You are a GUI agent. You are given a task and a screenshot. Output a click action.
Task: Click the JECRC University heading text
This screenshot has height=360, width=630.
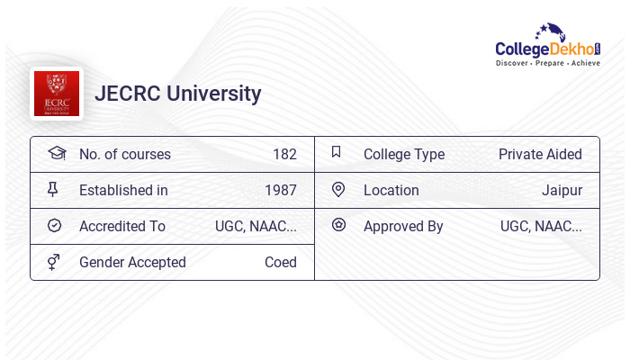[x=178, y=94]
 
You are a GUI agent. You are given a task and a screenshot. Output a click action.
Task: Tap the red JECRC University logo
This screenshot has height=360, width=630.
[x=56, y=94]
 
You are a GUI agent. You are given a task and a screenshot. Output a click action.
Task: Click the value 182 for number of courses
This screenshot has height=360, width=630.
[x=284, y=154]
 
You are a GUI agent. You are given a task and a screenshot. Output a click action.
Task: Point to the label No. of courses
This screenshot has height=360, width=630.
[x=124, y=154]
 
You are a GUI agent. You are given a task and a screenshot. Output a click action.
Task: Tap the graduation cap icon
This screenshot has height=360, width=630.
[x=56, y=153]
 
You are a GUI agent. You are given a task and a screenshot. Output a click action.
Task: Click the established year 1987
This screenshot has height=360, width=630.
[x=280, y=190]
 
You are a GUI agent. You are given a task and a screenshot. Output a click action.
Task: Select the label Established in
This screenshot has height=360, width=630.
[x=123, y=190]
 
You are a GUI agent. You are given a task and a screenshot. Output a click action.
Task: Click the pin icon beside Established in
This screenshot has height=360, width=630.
[x=53, y=189]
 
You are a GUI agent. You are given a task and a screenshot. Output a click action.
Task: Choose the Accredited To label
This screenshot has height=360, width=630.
[x=122, y=226]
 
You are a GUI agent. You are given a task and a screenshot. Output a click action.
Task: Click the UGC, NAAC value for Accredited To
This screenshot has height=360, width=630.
[x=256, y=226]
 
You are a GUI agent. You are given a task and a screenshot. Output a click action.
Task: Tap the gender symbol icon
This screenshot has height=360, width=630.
[x=53, y=262]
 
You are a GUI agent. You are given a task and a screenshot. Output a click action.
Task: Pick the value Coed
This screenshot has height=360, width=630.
[x=280, y=262]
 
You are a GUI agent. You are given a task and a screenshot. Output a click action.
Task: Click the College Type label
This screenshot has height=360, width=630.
[x=404, y=154]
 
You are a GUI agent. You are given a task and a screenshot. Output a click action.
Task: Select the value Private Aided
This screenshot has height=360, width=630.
[x=540, y=154]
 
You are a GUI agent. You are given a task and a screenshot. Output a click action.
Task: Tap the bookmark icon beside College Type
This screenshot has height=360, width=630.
[x=336, y=152]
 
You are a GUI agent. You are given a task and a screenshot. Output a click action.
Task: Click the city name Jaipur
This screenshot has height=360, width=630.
[x=562, y=190]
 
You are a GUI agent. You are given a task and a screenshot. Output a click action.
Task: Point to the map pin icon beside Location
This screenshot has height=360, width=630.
[x=337, y=189]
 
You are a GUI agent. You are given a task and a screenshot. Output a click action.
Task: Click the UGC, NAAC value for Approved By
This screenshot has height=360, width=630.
[x=541, y=226]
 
